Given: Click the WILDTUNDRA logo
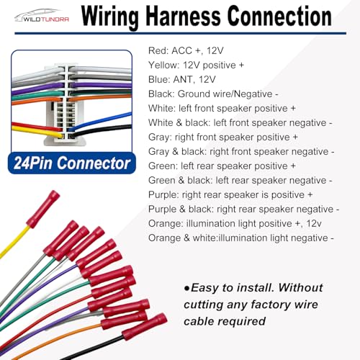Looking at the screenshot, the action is pyautogui.click(x=42, y=16).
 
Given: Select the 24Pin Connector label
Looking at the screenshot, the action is pyautogui.click(x=72, y=163).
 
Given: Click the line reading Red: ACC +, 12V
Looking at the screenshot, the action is pyautogui.click(x=186, y=50).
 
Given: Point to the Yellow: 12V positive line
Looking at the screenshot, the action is pyautogui.click(x=196, y=65).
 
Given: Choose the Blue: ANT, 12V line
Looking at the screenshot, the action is pyautogui.click(x=182, y=79).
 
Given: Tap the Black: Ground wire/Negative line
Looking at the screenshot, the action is pyautogui.click(x=213, y=94).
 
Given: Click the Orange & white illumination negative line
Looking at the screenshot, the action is pyautogui.click(x=241, y=238).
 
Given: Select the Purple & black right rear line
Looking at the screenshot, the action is pyautogui.click(x=243, y=209).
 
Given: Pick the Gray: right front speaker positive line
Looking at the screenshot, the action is pyautogui.click(x=223, y=137).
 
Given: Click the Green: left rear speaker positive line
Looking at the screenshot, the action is pyautogui.click(x=222, y=166).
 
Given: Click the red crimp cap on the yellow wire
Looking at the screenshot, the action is pyautogui.click(x=43, y=209).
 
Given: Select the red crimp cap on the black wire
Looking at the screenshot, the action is pyautogui.click(x=145, y=327).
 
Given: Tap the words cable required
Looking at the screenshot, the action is pyautogui.click(x=225, y=321).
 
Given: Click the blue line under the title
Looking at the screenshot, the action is pyautogui.click(x=180, y=33).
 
